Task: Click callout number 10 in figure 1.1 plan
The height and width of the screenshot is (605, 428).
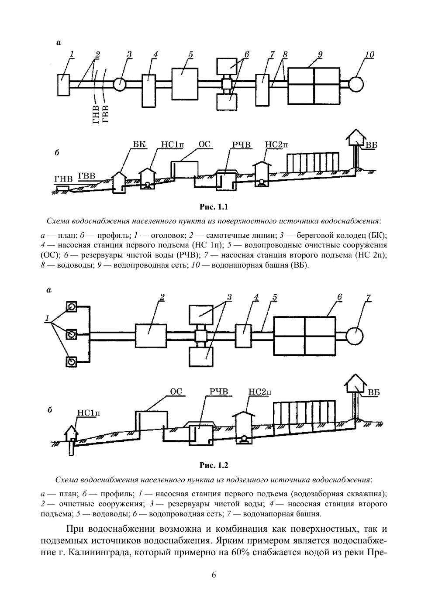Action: (369, 55)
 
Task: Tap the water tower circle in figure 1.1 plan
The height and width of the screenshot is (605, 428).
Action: (356, 83)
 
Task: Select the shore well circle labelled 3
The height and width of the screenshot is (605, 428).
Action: (120, 84)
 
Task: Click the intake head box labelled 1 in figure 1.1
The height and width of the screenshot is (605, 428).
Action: (63, 84)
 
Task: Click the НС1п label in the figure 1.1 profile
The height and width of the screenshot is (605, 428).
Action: (172, 144)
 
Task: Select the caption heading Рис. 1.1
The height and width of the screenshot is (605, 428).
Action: (214, 207)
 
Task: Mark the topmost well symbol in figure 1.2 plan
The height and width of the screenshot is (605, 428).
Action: (71, 307)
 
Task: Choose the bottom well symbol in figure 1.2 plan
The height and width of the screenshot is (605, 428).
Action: (71, 362)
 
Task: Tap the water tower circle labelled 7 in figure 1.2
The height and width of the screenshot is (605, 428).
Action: (354, 335)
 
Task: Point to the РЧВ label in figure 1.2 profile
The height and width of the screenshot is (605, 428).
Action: (219, 392)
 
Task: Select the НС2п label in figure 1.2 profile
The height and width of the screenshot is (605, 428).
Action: (260, 392)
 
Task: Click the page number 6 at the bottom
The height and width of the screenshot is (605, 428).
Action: (214, 575)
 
